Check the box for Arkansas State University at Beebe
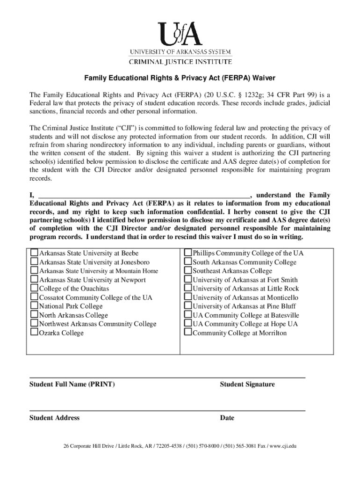click(34, 253)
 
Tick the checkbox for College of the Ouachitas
click(34, 288)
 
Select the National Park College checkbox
click(34, 306)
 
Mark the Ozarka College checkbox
click(34, 333)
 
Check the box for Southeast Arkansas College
click(188, 270)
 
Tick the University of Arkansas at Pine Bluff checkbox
click(188, 306)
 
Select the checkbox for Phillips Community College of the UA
click(188, 253)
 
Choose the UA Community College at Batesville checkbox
click(188, 315)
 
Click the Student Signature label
click(247, 385)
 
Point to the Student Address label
click(54, 418)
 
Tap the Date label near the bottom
click(227, 418)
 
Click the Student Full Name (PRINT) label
click(72, 385)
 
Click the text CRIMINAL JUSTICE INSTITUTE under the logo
click(180, 61)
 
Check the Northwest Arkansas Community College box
click(34, 324)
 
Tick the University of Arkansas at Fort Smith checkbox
click(188, 279)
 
